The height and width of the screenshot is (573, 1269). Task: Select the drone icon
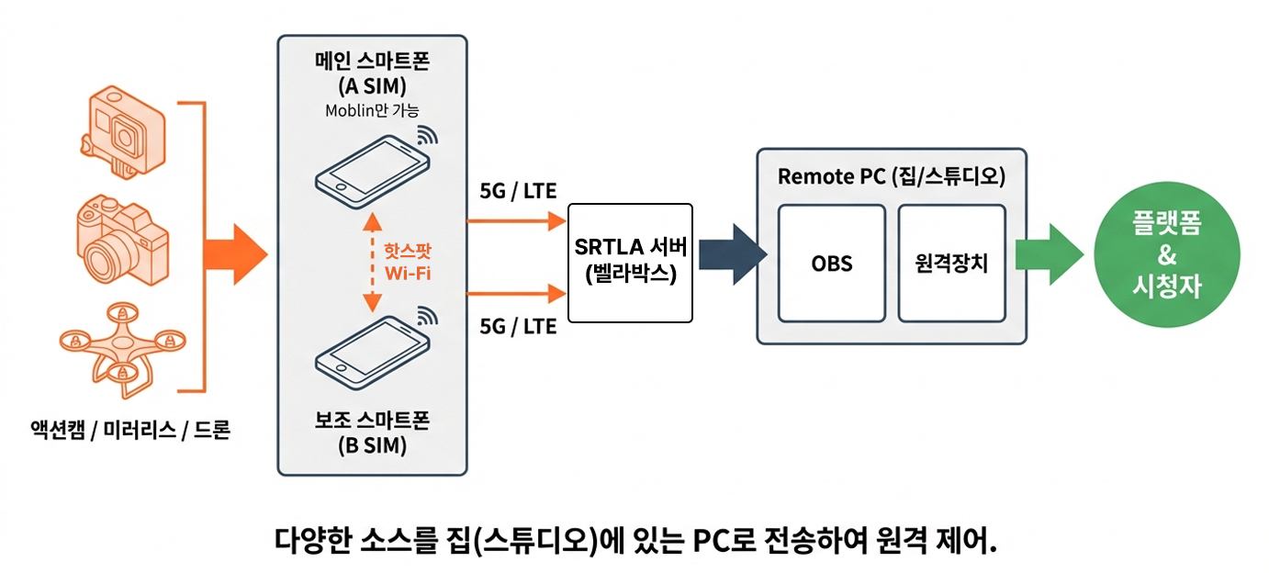(120, 344)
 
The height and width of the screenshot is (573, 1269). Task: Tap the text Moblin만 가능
(372, 110)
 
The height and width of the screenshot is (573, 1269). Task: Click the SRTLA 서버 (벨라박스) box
(630, 262)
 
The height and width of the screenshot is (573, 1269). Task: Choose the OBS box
(831, 264)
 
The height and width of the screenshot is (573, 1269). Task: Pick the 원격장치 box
(951, 264)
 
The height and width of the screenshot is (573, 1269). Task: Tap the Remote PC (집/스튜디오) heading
(891, 176)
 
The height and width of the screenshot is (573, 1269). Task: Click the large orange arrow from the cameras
(232, 254)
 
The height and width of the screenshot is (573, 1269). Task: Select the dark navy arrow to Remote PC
(731, 254)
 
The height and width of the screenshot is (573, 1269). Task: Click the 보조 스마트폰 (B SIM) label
(372, 434)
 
